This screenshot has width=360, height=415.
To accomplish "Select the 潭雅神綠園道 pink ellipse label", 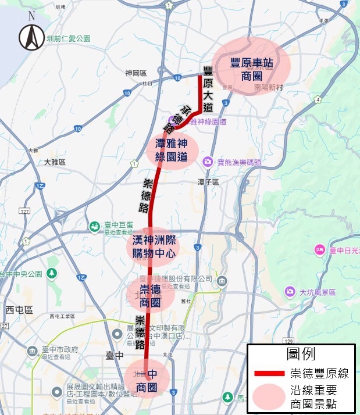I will (172, 149).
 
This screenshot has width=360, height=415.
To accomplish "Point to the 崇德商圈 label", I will (150, 295).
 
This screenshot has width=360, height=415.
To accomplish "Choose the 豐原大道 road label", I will (208, 88).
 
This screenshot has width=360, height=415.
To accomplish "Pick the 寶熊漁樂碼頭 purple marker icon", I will (207, 161).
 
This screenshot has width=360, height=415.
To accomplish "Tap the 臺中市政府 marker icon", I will (33, 352).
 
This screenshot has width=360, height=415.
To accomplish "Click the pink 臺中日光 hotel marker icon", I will (319, 251).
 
